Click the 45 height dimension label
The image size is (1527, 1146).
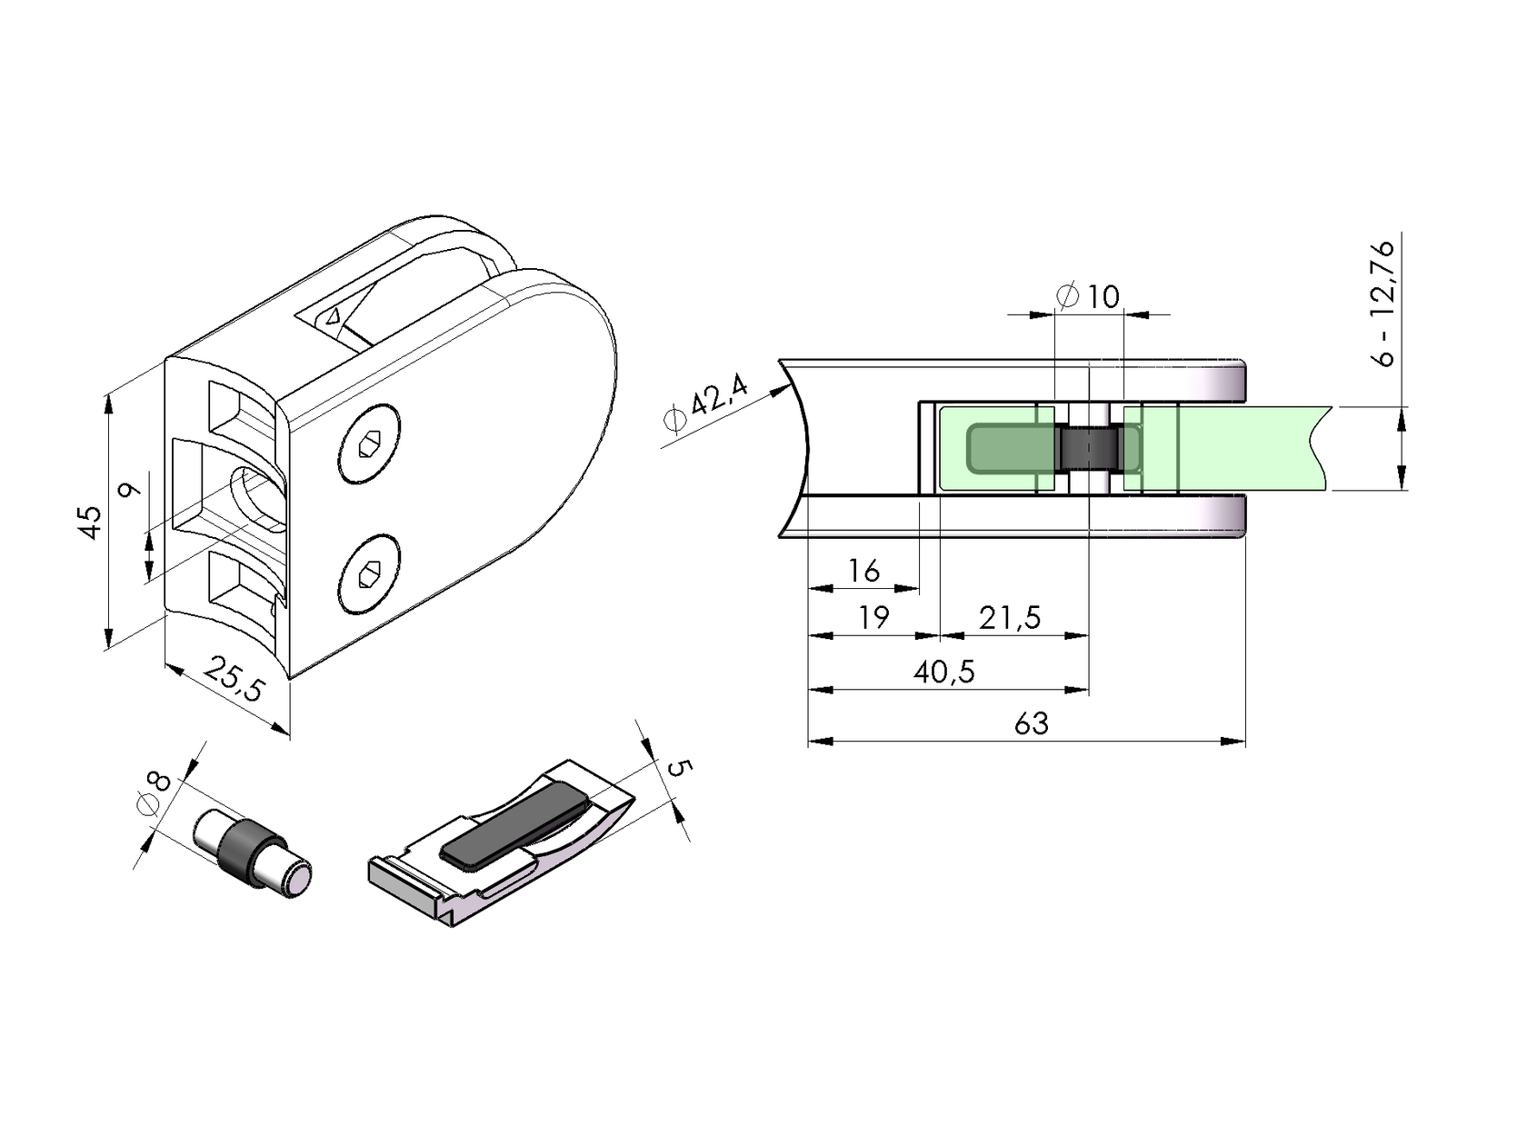91,522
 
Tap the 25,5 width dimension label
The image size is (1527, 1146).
234,679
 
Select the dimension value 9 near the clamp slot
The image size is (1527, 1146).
129,490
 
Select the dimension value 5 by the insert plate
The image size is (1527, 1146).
679,768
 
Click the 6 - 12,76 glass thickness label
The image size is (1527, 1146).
1383,302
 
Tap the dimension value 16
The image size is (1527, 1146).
863,571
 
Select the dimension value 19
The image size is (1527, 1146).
873,618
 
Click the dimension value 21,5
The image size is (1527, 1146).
1009,618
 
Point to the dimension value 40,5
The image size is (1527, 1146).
944,672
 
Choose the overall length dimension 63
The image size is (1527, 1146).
1031,723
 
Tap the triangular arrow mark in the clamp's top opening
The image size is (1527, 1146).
334,316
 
